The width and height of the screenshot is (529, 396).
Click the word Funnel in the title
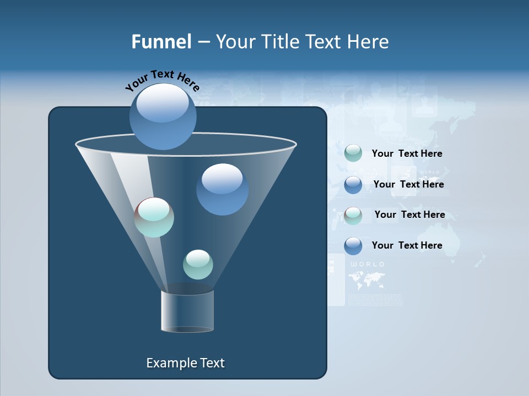pos(161,41)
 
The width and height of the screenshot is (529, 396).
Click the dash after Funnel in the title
pos(203,42)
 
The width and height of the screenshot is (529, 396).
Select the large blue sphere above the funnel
pos(163,116)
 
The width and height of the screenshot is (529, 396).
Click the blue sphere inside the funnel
pos(222,189)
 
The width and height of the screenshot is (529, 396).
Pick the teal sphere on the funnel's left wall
pos(154,217)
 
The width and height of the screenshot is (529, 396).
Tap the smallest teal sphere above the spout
pos(198,264)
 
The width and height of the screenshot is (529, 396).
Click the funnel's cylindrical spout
pos(187,311)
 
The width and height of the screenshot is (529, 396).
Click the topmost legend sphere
pos(353,153)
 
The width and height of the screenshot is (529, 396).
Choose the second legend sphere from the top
pos(353,184)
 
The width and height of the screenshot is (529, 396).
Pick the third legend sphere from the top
pos(353,215)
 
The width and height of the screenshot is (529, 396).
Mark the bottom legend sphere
pos(353,245)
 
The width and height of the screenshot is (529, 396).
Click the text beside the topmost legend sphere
pos(407,153)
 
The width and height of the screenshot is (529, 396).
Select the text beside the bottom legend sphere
pos(407,245)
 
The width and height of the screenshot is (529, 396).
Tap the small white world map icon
pos(367,280)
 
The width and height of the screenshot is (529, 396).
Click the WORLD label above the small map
pos(367,265)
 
